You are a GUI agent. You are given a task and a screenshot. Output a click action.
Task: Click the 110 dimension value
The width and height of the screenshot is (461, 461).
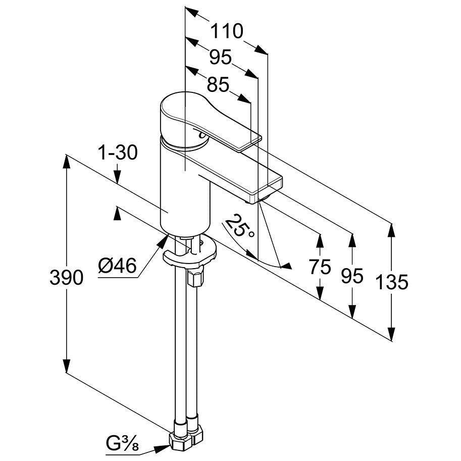(227, 31)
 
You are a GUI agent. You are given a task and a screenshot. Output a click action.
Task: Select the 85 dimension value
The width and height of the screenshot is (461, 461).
(218, 85)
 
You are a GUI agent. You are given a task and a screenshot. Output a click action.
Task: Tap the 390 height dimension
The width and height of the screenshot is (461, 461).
(67, 277)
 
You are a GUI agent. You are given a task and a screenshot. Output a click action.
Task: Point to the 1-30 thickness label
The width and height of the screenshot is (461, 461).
(118, 152)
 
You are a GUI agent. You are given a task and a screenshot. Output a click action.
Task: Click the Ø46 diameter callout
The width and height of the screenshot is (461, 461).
(117, 266)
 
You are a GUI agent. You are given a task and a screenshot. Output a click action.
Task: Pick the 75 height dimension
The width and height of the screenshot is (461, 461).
(320, 267)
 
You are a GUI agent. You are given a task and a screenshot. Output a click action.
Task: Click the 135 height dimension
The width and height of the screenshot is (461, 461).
(392, 282)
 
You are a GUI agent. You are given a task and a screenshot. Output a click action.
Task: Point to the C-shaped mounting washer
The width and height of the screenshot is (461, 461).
(190, 253)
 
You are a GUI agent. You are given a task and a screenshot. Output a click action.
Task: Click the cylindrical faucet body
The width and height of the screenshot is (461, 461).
(186, 188)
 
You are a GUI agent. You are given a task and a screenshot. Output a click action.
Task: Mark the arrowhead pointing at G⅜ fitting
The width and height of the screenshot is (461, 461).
(162, 449)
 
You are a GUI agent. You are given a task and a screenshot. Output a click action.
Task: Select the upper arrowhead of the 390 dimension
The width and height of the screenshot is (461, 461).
(67, 161)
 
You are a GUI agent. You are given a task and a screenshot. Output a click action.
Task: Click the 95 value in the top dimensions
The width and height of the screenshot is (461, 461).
(221, 57)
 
